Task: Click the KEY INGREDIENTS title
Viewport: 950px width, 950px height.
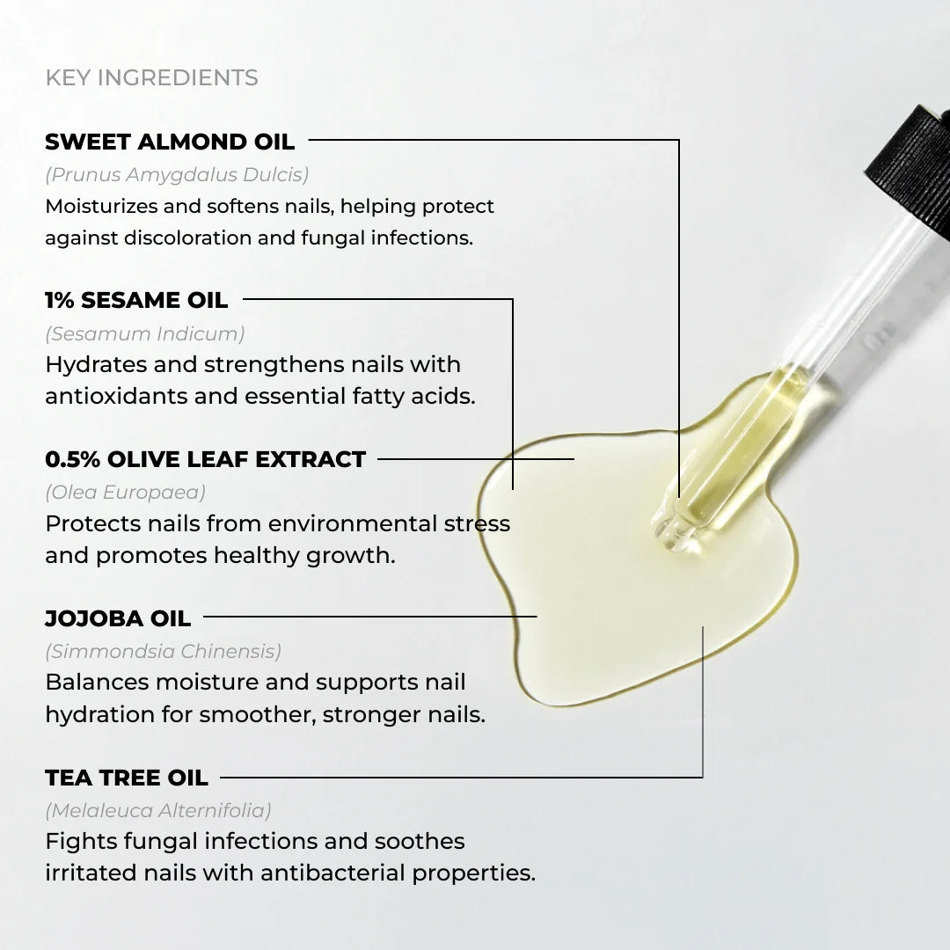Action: (151, 77)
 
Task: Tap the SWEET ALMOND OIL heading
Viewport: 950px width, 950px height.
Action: (170, 142)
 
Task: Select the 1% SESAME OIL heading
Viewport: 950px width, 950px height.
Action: (136, 300)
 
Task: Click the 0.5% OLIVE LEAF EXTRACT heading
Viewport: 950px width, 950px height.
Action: (205, 459)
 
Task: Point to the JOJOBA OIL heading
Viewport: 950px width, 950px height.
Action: (118, 618)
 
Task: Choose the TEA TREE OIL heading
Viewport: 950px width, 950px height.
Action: (127, 778)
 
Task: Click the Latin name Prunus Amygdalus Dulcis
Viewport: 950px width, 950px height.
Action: (177, 174)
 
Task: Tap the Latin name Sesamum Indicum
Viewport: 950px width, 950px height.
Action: (145, 333)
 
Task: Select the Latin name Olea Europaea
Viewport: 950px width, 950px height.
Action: (125, 493)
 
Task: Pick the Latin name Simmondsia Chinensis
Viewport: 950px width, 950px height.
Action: (163, 652)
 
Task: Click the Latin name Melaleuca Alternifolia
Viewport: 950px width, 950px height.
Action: (158, 810)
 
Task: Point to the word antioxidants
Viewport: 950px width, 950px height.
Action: (116, 397)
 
